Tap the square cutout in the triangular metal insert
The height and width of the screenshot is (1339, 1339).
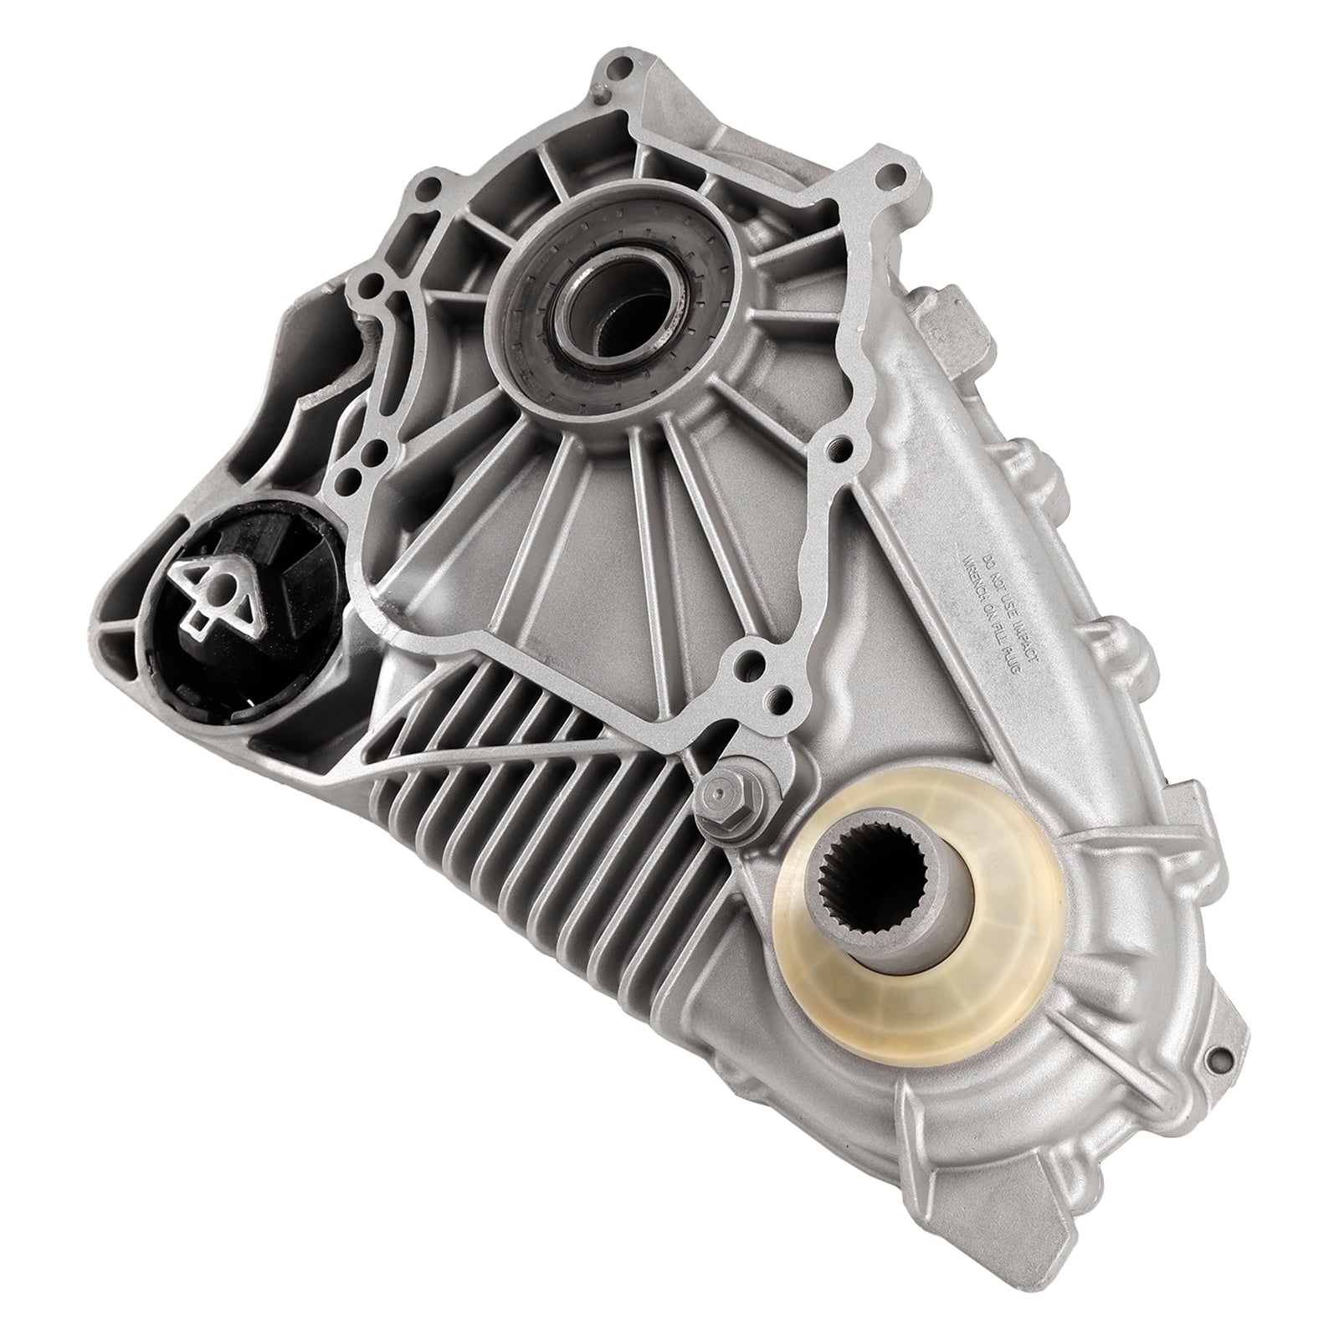[x=201, y=620]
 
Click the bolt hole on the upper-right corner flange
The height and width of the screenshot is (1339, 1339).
[x=898, y=177]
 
